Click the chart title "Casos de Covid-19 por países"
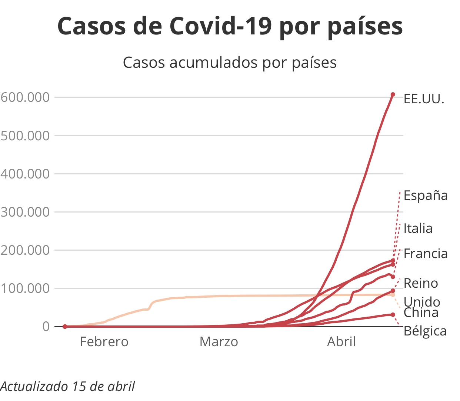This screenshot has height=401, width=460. point(230,27)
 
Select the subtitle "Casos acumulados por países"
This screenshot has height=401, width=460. point(230,63)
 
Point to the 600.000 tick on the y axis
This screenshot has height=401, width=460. point(25,97)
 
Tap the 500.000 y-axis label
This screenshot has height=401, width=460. point(25,136)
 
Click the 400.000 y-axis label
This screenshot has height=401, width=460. point(25,174)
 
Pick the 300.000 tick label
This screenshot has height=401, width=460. point(25,212)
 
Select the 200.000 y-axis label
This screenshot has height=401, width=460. point(25,250)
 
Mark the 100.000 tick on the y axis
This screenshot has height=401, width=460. point(25,288)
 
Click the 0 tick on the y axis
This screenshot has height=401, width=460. point(46,327)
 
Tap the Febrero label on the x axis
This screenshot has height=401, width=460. point(104,342)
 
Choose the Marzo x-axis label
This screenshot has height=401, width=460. point(219,342)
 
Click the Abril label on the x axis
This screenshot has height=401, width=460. point(341,342)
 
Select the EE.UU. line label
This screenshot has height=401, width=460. point(424,99)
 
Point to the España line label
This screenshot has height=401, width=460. point(426,196)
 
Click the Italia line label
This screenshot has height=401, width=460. point(418,228)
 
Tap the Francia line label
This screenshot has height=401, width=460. point(426,254)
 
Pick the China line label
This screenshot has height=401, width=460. point(421,313)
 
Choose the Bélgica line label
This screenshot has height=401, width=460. point(425,331)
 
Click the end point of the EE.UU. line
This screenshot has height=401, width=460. point(393,95)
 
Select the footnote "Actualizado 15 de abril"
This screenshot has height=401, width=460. point(68,387)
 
